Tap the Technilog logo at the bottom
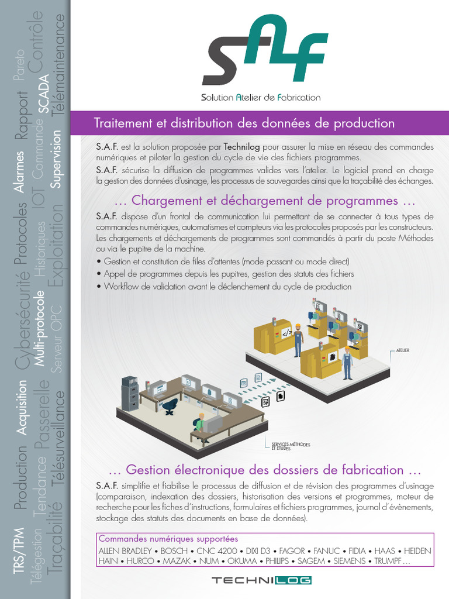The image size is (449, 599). (x=261, y=580)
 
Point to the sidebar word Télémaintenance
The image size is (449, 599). (x=59, y=64)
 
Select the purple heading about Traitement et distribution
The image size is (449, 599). (x=244, y=123)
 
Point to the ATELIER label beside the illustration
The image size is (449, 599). (x=402, y=350)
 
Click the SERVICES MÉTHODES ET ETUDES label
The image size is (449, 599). (x=290, y=446)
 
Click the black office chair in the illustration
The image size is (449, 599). (x=170, y=405)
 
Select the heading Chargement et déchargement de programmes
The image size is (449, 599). (x=265, y=201)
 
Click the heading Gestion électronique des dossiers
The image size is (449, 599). (x=265, y=470)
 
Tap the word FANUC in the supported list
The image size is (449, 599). (x=327, y=551)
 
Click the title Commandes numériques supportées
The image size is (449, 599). (x=168, y=539)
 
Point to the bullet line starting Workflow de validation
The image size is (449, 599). (x=227, y=287)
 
